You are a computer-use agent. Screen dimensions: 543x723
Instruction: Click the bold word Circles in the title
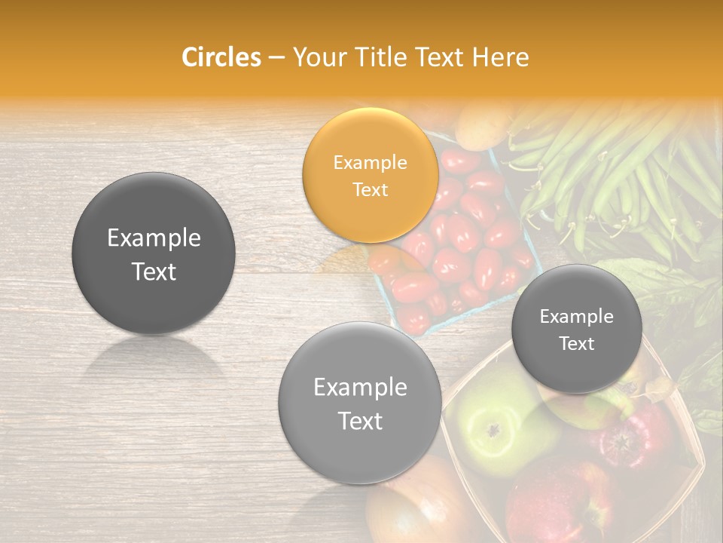(221, 57)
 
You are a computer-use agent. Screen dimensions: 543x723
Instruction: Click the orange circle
(370, 175)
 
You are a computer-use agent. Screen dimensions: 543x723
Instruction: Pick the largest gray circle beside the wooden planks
(154, 253)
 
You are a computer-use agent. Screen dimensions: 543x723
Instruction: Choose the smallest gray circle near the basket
(576, 330)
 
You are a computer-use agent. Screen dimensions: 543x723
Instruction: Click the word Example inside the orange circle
(370, 162)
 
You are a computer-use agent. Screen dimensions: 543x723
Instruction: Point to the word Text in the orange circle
(370, 189)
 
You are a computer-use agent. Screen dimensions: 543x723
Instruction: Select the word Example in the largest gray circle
(154, 238)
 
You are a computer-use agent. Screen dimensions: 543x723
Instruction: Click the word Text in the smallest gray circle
(576, 344)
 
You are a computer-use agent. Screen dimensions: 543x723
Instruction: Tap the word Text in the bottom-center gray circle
(360, 421)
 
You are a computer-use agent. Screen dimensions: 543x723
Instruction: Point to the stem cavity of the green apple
(493, 431)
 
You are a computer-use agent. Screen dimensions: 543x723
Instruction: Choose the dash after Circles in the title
(276, 57)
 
